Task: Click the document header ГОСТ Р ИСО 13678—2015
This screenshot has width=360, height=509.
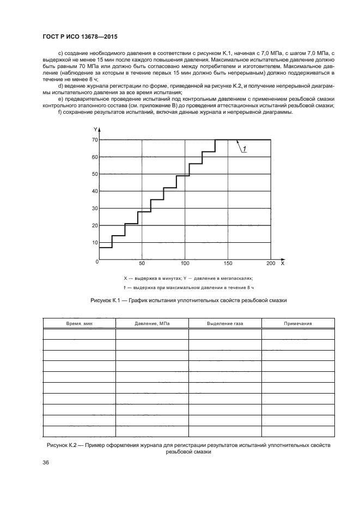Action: (80, 36)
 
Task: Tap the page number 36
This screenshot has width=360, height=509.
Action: (46, 462)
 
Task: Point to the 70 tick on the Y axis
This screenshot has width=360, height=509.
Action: (94, 140)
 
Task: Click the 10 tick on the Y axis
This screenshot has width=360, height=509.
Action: (94, 242)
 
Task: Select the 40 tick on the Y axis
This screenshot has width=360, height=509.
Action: (94, 191)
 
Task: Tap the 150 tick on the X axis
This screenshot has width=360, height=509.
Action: (228, 263)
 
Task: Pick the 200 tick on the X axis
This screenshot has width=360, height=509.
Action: (270, 263)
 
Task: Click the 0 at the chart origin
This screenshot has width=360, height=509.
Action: (97, 262)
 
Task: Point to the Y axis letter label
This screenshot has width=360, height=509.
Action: (95, 130)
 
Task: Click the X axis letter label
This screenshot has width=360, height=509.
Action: (282, 263)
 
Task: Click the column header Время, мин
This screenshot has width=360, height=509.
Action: (79, 323)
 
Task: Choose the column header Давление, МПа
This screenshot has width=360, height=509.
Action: (152, 323)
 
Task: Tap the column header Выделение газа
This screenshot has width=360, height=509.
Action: (225, 323)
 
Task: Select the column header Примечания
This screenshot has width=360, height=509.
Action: (298, 323)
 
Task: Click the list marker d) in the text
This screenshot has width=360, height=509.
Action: (60, 85)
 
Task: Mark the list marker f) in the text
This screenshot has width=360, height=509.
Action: (59, 112)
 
